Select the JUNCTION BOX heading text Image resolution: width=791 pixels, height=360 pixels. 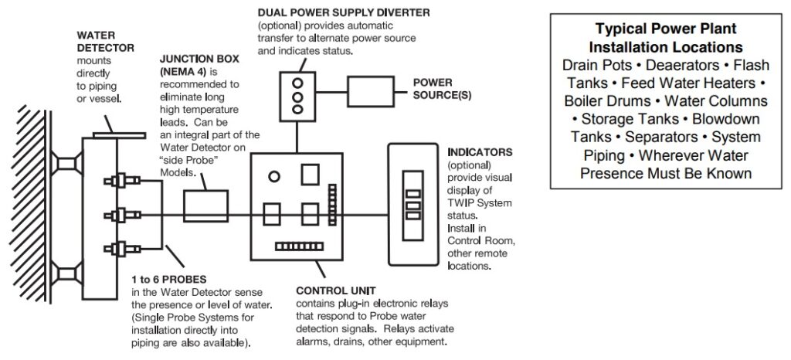tap(195, 63)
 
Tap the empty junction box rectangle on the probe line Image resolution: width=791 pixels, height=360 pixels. tap(205, 208)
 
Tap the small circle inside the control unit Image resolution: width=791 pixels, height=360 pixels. tap(273, 177)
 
